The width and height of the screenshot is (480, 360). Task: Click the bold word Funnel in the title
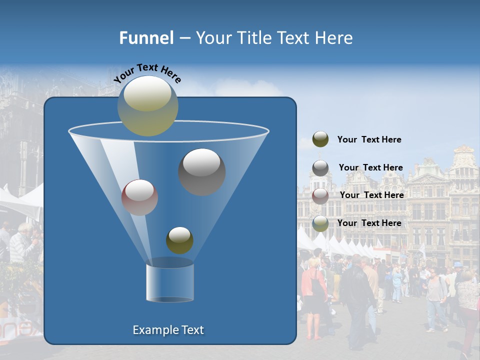[146, 38]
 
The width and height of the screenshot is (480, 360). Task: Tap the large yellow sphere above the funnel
[148, 106]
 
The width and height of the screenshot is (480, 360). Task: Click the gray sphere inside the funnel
[202, 172]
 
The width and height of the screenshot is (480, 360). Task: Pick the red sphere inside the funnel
[139, 197]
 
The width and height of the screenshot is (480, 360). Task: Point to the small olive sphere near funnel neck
[179, 240]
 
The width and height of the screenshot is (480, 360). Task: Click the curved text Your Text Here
[147, 73]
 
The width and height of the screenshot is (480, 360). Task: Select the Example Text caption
[168, 330]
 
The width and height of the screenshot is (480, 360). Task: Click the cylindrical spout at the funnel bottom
[170, 282]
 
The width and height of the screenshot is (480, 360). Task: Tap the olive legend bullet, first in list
[320, 139]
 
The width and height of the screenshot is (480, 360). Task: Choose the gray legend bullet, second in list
[320, 168]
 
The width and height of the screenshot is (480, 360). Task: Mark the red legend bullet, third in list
[320, 196]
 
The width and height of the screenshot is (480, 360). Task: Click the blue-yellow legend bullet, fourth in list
[320, 223]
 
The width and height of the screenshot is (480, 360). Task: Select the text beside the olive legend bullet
[369, 139]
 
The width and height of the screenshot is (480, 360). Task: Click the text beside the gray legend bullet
[370, 167]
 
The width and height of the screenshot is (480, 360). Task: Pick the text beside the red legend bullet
[371, 195]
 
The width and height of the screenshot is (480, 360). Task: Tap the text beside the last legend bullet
[369, 223]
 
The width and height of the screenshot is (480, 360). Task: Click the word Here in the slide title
[334, 38]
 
